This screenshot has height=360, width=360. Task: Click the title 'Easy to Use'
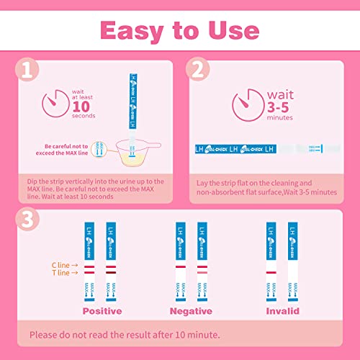pyautogui.click(x=180, y=30)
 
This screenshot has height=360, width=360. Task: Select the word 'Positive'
pyautogui.click(x=102, y=312)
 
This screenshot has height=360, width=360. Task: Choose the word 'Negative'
pyautogui.click(x=191, y=312)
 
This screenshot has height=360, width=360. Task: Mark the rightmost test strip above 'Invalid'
pyautogui.click(x=292, y=260)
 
